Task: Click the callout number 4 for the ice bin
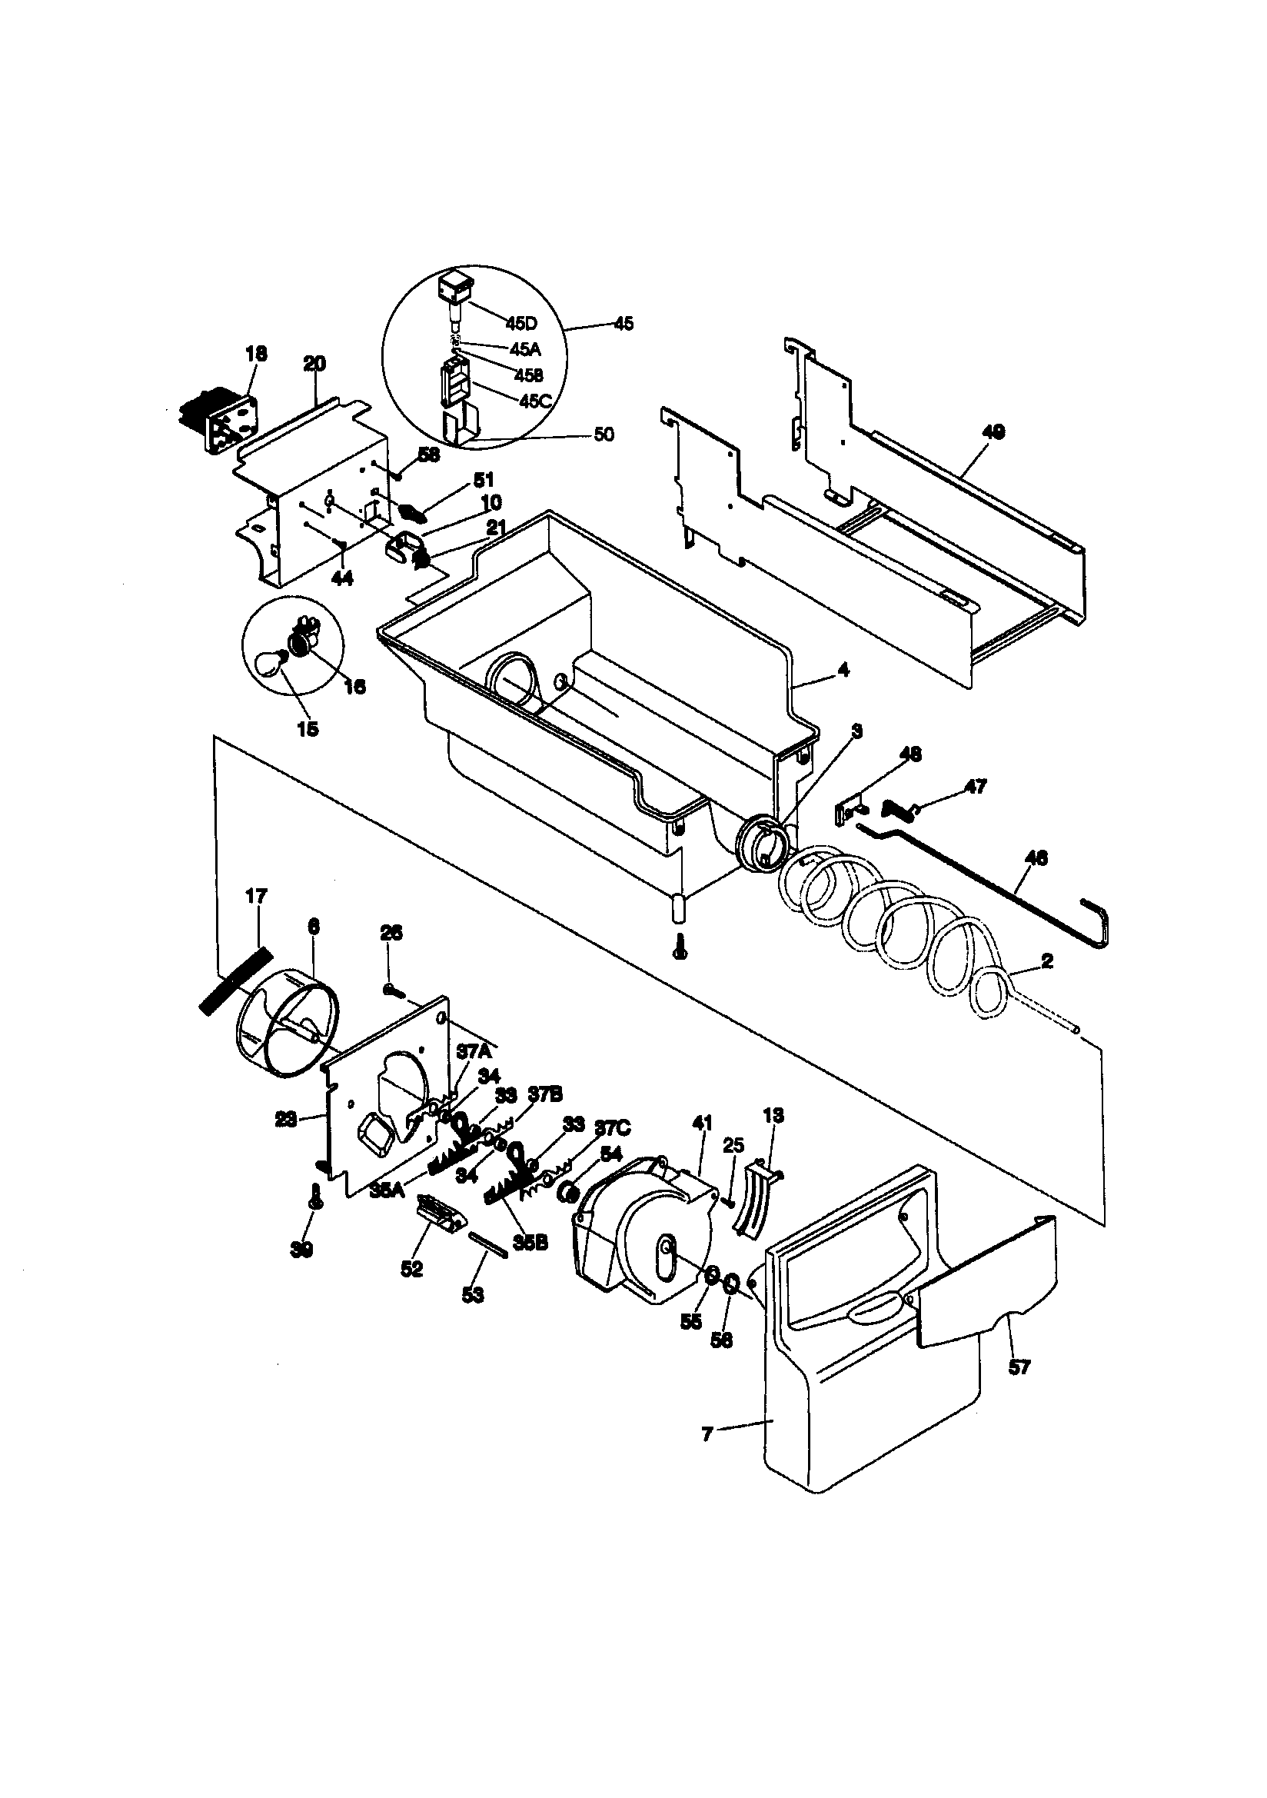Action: [843, 671]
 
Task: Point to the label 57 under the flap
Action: [1019, 1367]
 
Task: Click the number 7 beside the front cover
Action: [707, 1435]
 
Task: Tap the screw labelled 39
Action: [316, 1216]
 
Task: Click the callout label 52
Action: [412, 1269]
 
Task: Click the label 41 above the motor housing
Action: [703, 1123]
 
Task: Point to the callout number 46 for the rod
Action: [1036, 858]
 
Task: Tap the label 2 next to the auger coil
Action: [1047, 961]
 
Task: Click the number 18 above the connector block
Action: [256, 354]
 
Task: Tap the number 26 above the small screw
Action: [391, 933]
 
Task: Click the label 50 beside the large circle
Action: [604, 434]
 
